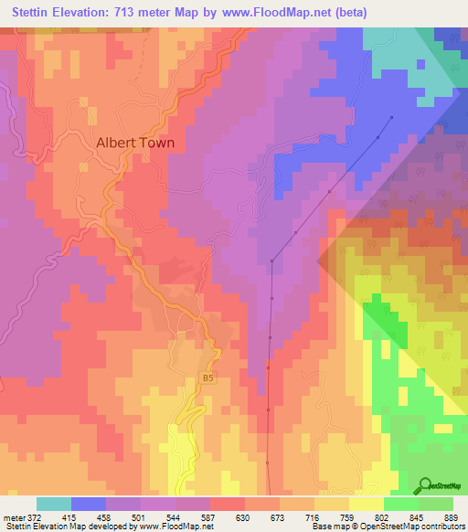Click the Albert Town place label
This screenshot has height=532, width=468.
(x=135, y=144)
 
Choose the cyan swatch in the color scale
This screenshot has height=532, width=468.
(x=54, y=504)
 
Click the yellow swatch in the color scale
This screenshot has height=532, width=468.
(x=367, y=504)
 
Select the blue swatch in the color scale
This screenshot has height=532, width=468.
(x=89, y=504)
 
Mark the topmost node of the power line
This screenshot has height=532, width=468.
(x=392, y=117)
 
